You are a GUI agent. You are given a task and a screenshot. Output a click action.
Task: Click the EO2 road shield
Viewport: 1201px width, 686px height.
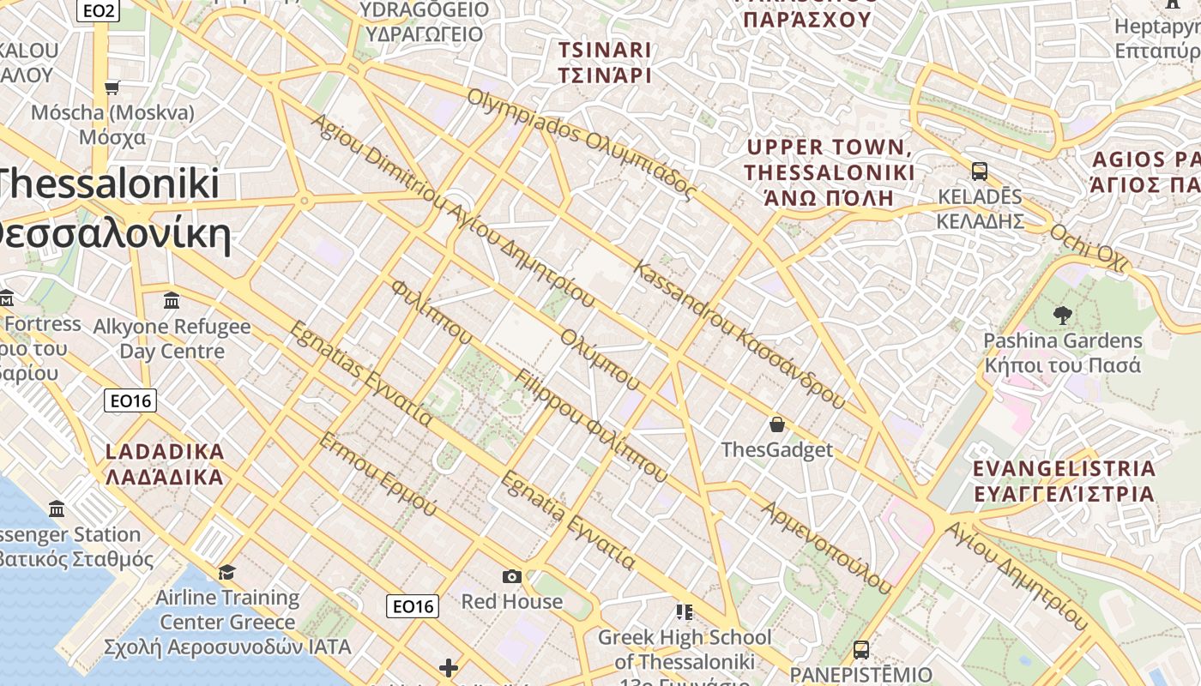(97, 11)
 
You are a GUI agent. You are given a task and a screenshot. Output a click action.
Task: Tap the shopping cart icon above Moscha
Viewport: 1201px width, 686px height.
(112, 87)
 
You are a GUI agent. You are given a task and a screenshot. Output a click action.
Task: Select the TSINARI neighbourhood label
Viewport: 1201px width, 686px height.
(604, 63)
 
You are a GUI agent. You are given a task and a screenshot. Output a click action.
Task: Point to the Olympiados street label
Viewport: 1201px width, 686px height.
(580, 144)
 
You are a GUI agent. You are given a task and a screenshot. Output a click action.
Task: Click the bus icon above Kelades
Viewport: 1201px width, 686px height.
(979, 171)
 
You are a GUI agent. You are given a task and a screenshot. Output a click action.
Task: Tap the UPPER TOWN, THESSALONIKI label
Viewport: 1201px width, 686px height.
(829, 172)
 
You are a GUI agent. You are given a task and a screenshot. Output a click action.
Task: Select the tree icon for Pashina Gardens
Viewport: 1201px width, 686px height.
(1062, 316)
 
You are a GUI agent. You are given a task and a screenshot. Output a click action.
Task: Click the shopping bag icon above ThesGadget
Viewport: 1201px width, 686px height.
(776, 424)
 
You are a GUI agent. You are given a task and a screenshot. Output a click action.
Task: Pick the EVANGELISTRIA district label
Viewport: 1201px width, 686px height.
(1065, 481)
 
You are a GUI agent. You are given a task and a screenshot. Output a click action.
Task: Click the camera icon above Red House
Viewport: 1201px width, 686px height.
(512, 576)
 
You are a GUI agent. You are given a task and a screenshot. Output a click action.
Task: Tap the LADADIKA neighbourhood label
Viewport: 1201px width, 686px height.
(165, 464)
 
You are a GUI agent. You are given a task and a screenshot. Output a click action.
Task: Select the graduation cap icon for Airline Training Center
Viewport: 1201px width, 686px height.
(226, 572)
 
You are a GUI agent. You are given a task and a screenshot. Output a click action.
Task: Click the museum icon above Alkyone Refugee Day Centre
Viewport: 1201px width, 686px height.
(171, 301)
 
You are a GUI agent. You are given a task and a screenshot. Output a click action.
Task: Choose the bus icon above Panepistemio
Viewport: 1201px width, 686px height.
(860, 650)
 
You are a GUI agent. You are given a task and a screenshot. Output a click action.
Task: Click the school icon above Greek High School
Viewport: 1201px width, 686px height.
(684, 612)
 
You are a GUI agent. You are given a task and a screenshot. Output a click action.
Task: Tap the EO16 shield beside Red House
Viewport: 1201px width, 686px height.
(413, 606)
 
